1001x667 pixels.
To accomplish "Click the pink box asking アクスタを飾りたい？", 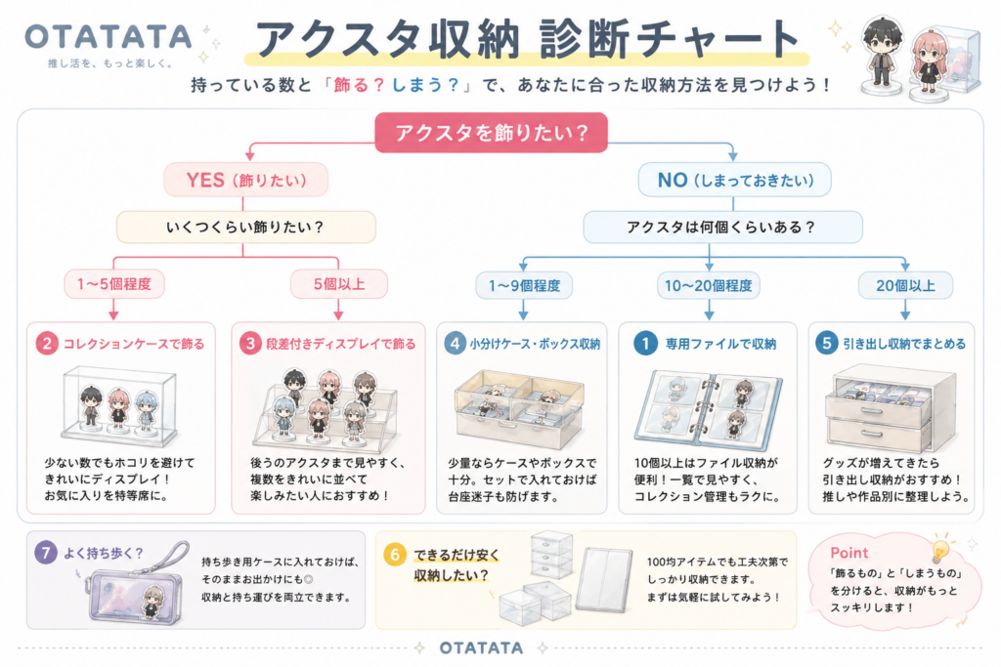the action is point(491,133).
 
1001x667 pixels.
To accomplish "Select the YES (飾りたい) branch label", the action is point(245,180).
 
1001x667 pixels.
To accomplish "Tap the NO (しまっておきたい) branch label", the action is point(735,180).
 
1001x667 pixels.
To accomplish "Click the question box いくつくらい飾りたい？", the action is point(245,227).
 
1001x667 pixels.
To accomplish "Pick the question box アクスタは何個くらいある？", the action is point(722,227).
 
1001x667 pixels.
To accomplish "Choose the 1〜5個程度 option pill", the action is point(114,284).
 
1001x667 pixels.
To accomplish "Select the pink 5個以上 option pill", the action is point(339,284).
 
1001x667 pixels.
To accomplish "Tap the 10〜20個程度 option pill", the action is point(709,285).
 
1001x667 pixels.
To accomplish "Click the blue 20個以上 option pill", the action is point(905,285).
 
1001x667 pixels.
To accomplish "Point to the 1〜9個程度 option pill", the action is point(524,285).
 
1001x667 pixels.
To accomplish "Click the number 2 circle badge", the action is point(47,344).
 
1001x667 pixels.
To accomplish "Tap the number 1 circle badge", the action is point(645,344).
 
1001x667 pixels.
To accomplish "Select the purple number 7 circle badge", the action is point(46,552).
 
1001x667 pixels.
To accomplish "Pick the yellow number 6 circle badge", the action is point(395,555).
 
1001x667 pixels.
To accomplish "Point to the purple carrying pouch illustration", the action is point(135,583).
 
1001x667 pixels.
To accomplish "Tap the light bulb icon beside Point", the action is point(940,550).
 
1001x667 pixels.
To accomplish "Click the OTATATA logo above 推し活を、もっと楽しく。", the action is point(109,37).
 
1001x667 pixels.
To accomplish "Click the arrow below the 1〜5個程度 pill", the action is point(113,309).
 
